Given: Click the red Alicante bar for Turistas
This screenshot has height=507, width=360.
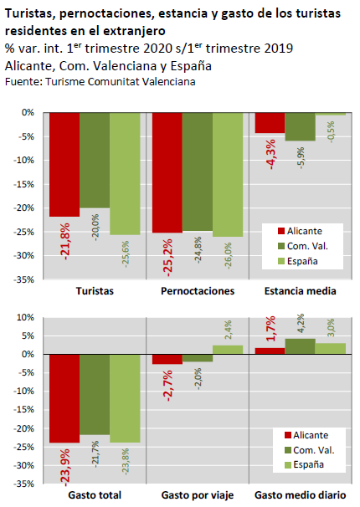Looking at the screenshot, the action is (x=64, y=165).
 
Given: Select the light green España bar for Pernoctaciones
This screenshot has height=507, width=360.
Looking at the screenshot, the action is (x=228, y=175).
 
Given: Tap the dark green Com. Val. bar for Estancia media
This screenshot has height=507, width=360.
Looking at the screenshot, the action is (x=301, y=127).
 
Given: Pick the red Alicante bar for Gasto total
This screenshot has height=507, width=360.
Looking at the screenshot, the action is (x=64, y=398).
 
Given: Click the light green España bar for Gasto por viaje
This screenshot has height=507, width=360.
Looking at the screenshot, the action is (x=228, y=350).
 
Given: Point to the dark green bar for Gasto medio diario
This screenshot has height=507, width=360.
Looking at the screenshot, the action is (x=301, y=346).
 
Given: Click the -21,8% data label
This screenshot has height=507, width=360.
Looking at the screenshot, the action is (x=64, y=242).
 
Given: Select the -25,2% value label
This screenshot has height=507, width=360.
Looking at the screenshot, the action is (x=167, y=258).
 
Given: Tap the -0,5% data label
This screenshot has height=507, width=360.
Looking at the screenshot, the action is (x=331, y=132).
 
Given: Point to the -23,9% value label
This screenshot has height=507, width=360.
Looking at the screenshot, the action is (x=64, y=468).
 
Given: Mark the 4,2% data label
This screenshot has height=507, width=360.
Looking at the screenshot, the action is (x=301, y=323).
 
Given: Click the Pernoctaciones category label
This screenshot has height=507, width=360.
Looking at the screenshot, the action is (x=198, y=291).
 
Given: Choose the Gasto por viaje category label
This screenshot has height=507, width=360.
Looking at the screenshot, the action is (x=198, y=495).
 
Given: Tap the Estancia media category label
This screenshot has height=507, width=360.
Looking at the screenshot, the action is (x=301, y=291).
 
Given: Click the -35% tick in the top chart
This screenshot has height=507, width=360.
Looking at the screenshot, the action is (x=23, y=279).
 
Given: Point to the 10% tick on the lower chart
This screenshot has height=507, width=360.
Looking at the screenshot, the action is (x=26, y=318).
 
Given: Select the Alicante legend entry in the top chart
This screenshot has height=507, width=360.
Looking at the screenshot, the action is (x=300, y=231).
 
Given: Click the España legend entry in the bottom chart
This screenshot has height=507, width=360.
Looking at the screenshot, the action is (x=304, y=464).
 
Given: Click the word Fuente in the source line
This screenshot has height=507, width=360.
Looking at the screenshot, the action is (x=23, y=81).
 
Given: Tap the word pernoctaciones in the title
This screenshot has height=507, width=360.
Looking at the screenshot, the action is (x=106, y=14).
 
